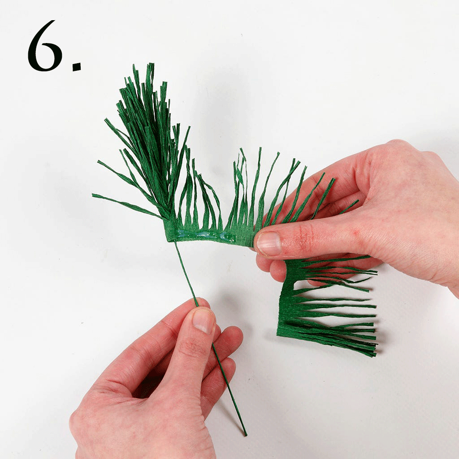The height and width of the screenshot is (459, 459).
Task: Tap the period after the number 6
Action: tap(77, 67)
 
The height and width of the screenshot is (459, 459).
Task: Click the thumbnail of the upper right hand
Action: tap(269, 243)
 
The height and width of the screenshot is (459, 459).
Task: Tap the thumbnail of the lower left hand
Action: tap(204, 321)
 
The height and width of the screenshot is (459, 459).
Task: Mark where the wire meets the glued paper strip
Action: tap(175, 241)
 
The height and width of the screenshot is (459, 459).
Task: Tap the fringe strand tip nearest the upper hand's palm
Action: tap(357, 201)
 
